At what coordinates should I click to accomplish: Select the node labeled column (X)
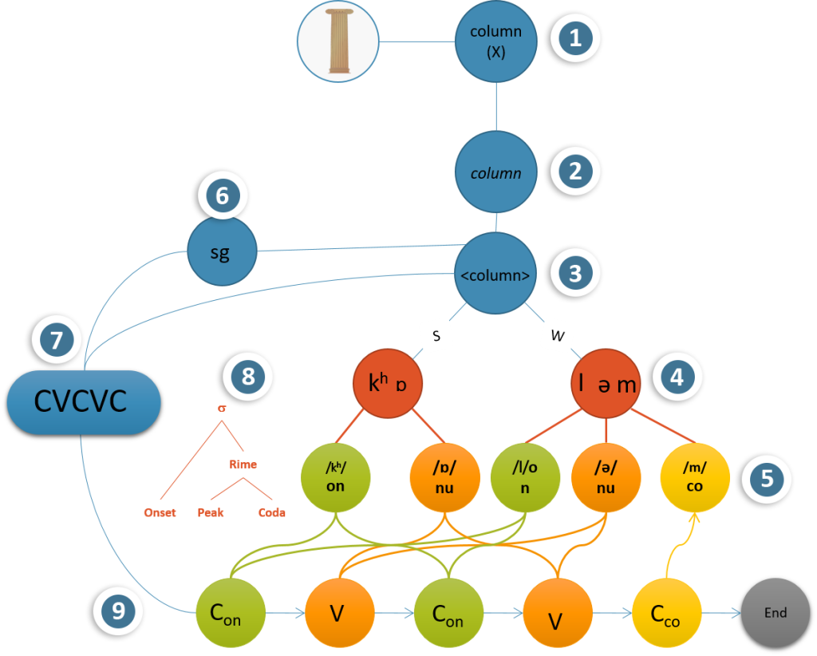pos(495,40)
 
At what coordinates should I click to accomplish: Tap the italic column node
pos(495,172)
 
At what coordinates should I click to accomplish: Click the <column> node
pos(495,275)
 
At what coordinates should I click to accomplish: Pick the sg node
pos(222,253)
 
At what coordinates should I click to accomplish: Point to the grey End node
pos(775,613)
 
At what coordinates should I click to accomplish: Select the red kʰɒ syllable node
pos(388,384)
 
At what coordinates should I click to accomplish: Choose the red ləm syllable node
pos(607,384)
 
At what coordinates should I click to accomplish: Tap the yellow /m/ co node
pos(694,479)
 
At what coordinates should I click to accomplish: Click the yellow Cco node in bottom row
pos(667,614)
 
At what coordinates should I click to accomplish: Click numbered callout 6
pos(223,196)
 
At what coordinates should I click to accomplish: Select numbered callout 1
pos(575,38)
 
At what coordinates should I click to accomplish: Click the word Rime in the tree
pos(243,464)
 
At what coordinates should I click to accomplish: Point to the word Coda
pos(271,512)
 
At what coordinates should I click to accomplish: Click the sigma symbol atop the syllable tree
pos(221,409)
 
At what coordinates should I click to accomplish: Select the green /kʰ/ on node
pos(335,479)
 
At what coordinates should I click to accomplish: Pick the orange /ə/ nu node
pos(605,479)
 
